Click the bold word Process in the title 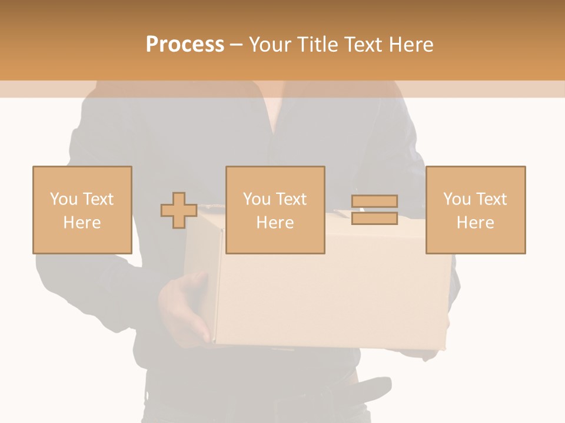185,45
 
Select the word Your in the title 270,45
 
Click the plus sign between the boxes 179,210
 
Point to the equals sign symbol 374,210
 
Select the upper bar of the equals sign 374,202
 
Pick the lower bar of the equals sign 374,218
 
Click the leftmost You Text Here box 82,210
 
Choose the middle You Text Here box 275,210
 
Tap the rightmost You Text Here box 475,210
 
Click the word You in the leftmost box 63,199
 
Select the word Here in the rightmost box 475,223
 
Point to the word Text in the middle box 291,199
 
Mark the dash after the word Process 237,45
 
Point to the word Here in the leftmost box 82,223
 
